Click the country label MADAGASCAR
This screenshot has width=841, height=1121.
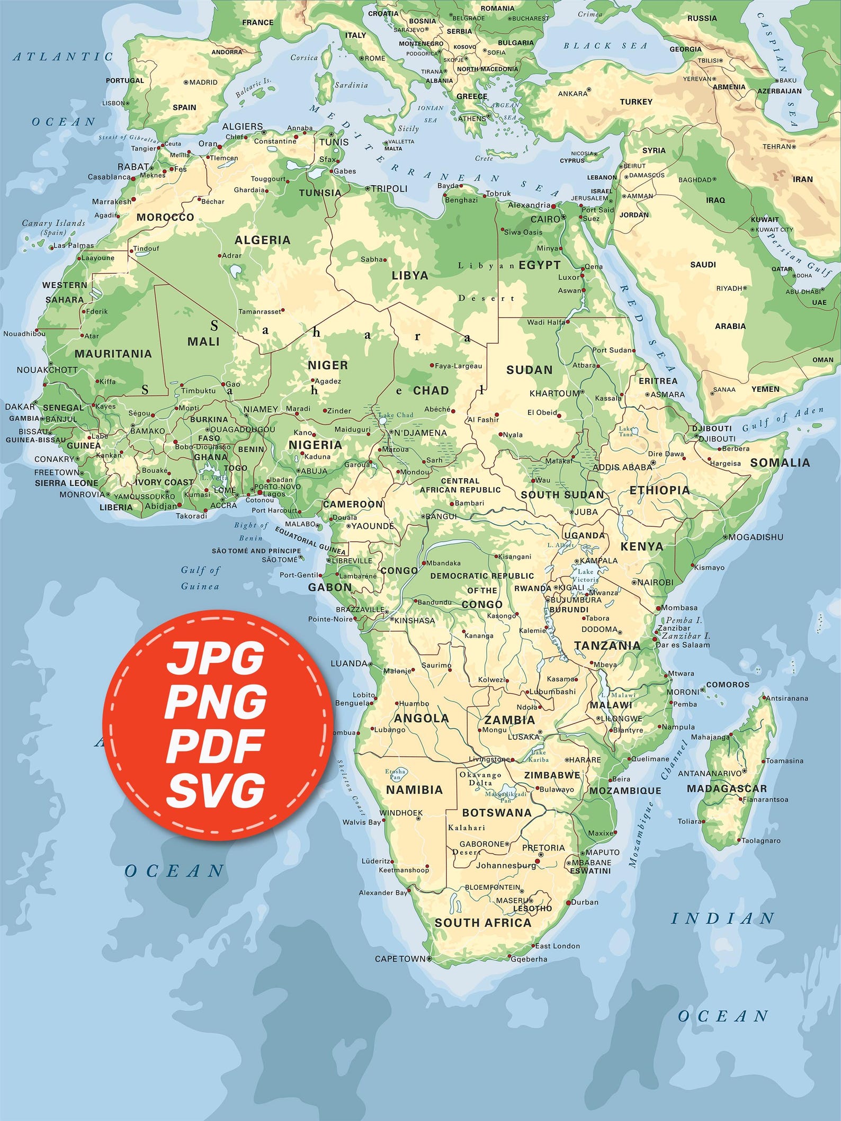click(727, 788)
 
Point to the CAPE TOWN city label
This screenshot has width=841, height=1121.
click(400, 958)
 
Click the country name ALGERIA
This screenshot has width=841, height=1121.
click(263, 240)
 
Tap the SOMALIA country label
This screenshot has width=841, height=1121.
click(780, 462)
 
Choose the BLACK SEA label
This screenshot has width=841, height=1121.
click(605, 46)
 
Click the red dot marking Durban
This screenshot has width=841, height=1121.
click(568, 902)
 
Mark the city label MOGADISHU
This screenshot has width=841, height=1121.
click(756, 537)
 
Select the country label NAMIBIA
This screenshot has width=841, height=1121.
click(414, 790)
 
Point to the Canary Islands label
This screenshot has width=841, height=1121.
click(53, 227)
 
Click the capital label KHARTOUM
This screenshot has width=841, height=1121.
click(554, 393)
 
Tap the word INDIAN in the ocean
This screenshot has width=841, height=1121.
click(723, 918)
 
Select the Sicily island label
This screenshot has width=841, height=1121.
click(408, 128)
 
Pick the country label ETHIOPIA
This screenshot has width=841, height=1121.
click(659, 490)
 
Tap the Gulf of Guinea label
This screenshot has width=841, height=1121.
click(200, 578)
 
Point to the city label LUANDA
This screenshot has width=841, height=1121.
click(348, 663)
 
